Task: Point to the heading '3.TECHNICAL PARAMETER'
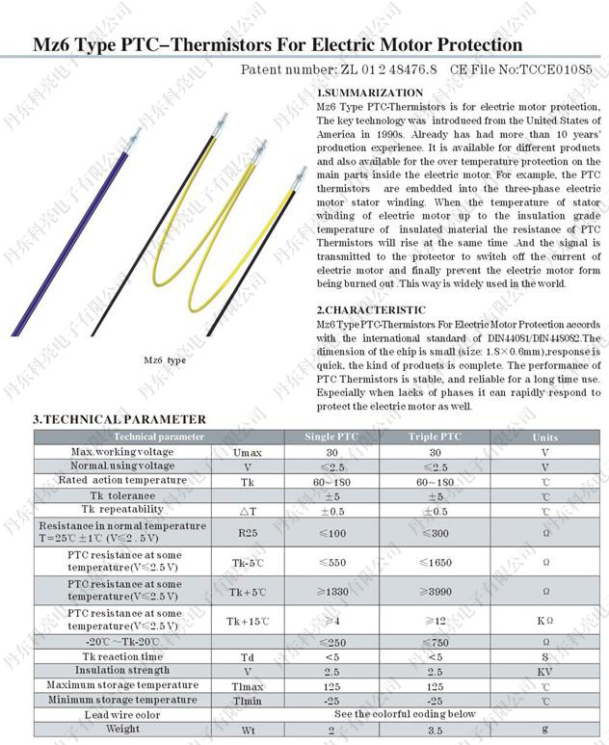(119, 419)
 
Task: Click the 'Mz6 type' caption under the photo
(165, 359)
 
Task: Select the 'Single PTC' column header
(331, 437)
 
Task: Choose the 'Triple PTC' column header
(435, 437)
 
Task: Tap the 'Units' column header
(544, 437)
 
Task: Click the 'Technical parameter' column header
(133, 437)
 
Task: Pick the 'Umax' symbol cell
(247, 451)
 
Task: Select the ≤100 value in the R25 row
(331, 532)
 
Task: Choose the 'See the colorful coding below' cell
(405, 714)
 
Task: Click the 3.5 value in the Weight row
(436, 730)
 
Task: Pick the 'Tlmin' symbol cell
(247, 700)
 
